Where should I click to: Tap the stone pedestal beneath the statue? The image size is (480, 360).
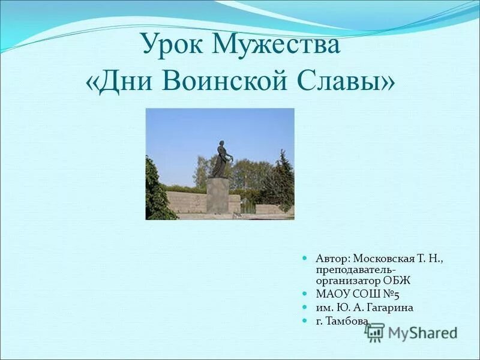pos(217,195)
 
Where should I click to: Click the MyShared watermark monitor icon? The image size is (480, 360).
pos(375,332)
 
